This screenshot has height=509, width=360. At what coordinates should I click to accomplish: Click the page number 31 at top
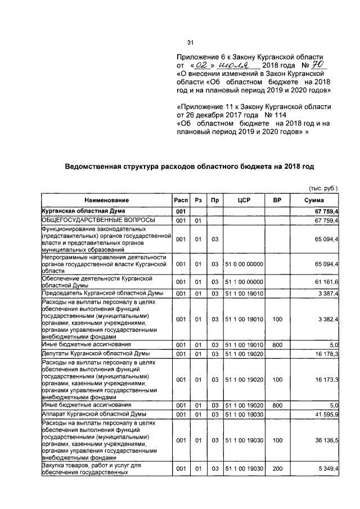(190, 42)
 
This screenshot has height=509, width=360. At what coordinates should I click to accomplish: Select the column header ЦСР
(244, 200)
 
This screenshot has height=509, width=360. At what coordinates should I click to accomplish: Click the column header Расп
(181, 200)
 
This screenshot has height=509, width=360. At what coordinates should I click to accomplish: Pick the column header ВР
(277, 200)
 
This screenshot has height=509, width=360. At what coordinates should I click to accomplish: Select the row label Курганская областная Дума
(77, 210)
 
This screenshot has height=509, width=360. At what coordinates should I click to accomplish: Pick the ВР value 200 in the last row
(277, 469)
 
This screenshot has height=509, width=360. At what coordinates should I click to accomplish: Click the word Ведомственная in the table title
(96, 166)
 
